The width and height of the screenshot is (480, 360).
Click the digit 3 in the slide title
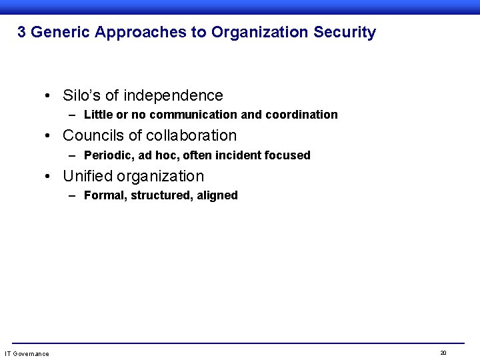point(21,32)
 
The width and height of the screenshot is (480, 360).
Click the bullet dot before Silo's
point(49,96)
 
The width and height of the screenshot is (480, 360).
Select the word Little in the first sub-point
point(97,115)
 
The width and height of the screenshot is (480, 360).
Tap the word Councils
point(93,135)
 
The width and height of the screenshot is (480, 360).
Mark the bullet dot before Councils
point(49,136)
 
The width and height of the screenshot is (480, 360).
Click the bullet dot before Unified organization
point(49,177)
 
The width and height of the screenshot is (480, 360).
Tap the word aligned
point(217,195)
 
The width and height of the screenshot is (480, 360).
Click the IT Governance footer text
point(27,353)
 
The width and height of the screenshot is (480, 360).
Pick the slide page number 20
point(443,352)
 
